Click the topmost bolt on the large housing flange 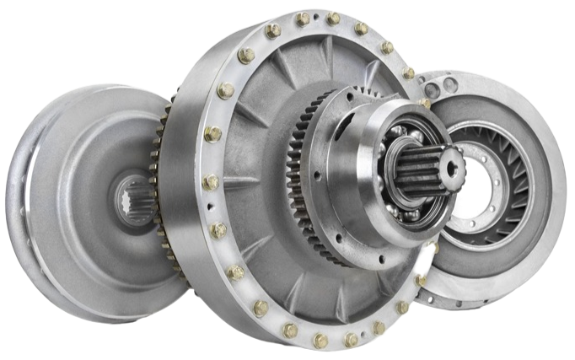point(303,19)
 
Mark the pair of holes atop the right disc point(443,86)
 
